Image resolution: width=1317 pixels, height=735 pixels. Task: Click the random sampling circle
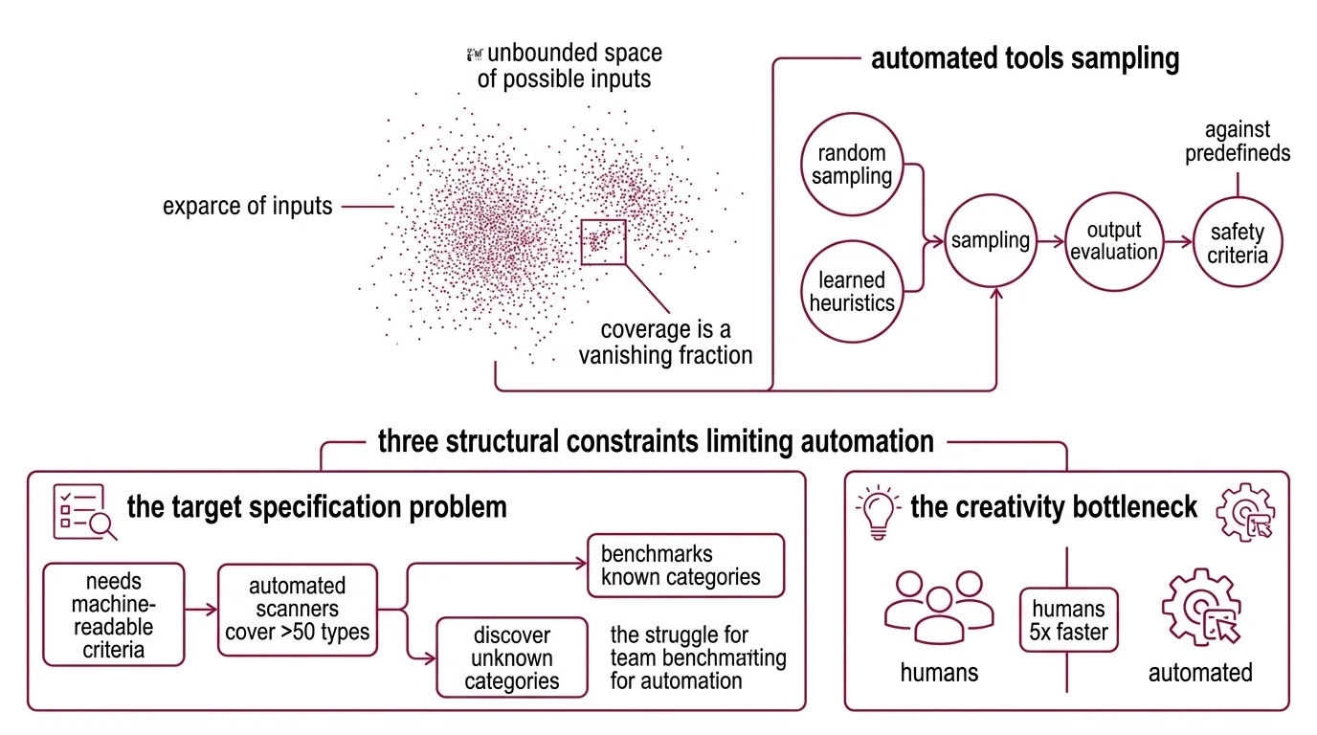tap(852, 164)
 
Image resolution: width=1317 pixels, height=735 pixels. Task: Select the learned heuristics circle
tap(852, 292)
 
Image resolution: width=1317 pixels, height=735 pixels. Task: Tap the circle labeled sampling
tap(990, 240)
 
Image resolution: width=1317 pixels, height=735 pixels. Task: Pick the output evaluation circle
tap(1114, 240)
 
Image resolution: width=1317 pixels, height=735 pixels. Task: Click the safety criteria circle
tap(1238, 242)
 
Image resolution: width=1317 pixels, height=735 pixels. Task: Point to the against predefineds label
tap(1238, 141)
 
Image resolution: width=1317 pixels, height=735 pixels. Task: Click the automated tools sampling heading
tap(1024, 58)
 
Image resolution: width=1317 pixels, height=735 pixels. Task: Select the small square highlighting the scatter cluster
tap(603, 241)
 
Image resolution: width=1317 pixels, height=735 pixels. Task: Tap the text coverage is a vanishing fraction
tap(664, 343)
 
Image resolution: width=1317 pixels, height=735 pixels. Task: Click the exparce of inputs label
tap(248, 206)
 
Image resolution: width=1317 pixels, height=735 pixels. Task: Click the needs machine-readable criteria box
tap(113, 614)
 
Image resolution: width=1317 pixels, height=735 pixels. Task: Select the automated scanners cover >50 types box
tap(297, 609)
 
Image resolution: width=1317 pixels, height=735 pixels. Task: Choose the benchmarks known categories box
tap(684, 565)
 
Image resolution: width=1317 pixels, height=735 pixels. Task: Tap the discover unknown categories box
tap(512, 657)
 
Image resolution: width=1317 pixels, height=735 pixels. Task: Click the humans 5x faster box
tap(1067, 619)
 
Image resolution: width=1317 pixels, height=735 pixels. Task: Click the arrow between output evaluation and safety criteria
tap(1175, 241)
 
